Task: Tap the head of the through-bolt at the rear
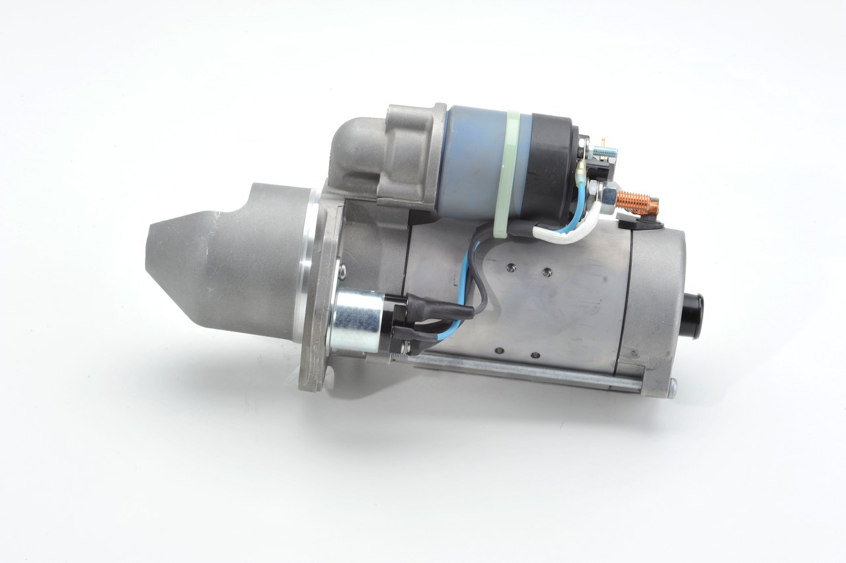(672, 390)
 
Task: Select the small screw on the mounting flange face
(342, 270)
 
